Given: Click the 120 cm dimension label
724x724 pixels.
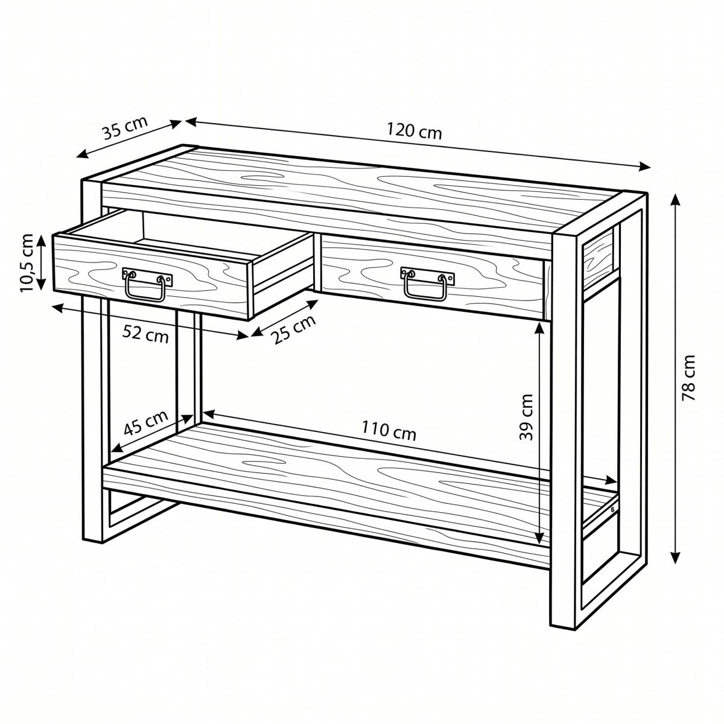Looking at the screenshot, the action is (x=414, y=131).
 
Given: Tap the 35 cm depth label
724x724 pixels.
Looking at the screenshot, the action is (x=125, y=128).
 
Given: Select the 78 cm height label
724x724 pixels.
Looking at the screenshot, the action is (x=688, y=378).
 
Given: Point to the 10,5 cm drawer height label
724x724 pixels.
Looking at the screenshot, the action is (x=28, y=263).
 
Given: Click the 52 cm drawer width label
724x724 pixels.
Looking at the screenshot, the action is (x=145, y=334).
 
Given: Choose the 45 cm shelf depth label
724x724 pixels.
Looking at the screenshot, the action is (x=145, y=423).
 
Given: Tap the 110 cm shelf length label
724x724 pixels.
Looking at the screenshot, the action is (x=389, y=431).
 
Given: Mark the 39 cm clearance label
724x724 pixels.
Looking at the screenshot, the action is (x=526, y=417).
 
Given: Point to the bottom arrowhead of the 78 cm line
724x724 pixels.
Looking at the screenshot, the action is (x=675, y=557).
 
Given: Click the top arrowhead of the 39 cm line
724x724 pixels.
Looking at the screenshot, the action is (x=539, y=328).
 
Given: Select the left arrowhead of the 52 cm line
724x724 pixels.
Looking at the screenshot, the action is (x=59, y=308).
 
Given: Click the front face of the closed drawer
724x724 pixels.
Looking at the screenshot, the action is (x=433, y=277).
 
